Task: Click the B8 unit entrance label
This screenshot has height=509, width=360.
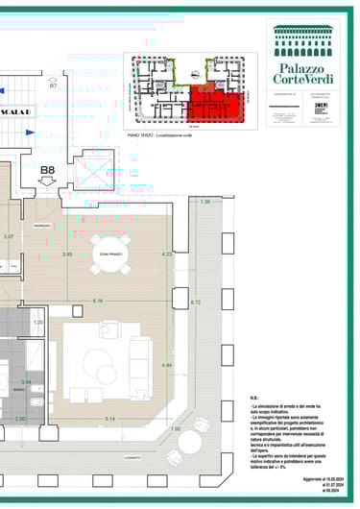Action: [47, 173]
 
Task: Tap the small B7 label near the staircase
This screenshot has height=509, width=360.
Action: [54, 86]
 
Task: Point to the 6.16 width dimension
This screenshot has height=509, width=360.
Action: [98, 301]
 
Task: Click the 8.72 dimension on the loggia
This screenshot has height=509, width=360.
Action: [196, 303]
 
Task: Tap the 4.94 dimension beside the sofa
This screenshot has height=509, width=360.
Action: [166, 365]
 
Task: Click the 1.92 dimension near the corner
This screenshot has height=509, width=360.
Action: [176, 428]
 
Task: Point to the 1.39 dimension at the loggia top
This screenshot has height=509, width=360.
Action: [204, 202]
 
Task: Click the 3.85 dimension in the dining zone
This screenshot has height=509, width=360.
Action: [67, 254]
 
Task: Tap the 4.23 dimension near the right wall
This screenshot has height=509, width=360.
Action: [166, 254]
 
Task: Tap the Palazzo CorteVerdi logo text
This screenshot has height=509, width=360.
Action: [303, 71]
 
